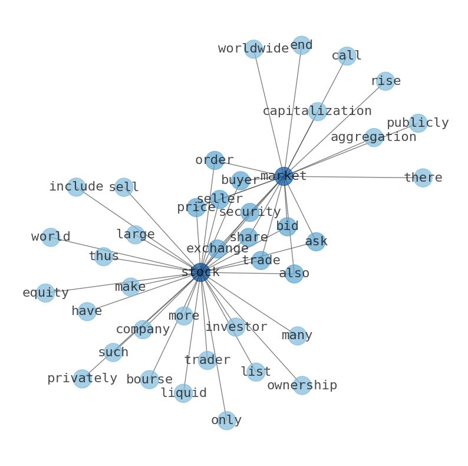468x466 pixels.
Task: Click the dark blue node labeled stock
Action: point(200,272)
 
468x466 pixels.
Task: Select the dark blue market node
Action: point(284,176)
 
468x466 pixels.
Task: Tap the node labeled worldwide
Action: point(253,49)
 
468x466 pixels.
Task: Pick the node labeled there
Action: point(423,178)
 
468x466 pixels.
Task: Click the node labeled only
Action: point(226,421)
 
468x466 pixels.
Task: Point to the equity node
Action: point(45,293)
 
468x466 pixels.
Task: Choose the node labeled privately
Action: point(82,379)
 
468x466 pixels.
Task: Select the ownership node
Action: point(302,385)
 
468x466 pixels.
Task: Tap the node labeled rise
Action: point(385,81)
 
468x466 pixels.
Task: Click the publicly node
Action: point(418,123)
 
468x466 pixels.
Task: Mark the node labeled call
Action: point(347,56)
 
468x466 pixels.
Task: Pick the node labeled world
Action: point(51,237)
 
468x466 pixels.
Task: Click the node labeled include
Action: point(76,187)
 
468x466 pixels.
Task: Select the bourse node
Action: point(149,379)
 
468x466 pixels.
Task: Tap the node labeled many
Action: point(297,336)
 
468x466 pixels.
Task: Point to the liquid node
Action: point(183,393)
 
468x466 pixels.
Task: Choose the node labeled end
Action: point(301,45)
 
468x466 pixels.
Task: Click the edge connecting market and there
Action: point(353,177)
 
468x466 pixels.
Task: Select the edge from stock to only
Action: point(213,346)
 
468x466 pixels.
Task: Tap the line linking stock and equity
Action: point(123,283)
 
